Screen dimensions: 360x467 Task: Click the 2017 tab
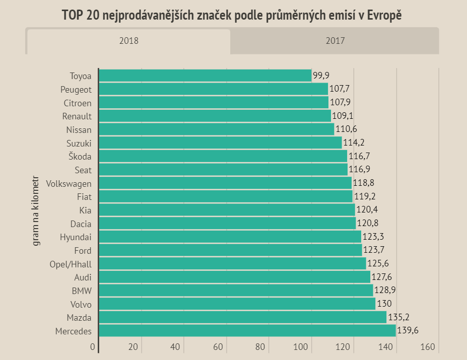335,41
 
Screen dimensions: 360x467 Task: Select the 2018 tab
128,41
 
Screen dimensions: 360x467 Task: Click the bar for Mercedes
247,331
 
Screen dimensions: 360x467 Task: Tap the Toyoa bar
205,76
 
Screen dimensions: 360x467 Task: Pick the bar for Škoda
223,156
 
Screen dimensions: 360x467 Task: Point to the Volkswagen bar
225,183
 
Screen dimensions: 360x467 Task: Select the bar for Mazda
242,317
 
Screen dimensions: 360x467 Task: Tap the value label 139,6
408,331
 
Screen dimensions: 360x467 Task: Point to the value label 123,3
373,237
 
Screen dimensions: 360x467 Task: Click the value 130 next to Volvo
384,304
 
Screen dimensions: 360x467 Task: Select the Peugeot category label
76,90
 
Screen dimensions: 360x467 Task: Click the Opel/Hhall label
71,264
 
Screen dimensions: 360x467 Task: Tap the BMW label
82,291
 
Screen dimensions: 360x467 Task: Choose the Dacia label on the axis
81,223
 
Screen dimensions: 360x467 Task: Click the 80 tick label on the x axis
260,347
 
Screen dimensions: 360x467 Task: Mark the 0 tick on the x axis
93,347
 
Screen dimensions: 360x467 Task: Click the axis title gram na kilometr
36,210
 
